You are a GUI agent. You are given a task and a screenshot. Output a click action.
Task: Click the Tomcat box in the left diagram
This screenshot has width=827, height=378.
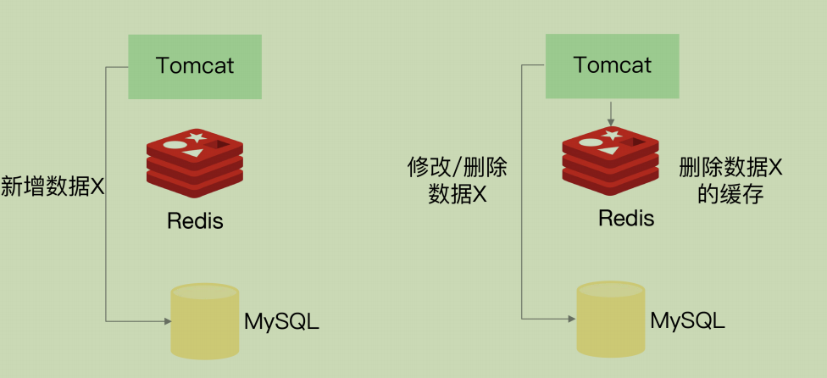click(195, 66)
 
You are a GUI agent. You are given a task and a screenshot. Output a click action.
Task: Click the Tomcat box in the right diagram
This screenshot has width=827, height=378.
click(612, 66)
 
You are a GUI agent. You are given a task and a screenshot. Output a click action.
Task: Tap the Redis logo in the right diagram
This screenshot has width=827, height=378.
click(611, 156)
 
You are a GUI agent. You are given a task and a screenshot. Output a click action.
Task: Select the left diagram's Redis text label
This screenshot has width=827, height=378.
click(195, 221)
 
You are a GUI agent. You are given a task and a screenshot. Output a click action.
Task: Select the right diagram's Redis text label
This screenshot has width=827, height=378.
click(626, 218)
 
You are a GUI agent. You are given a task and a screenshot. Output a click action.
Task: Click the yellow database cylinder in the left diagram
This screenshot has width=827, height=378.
click(204, 320)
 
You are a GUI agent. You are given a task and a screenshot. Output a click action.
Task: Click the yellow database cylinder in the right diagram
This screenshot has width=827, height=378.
click(611, 319)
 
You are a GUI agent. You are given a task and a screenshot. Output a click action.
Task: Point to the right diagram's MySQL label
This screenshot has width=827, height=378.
click(687, 321)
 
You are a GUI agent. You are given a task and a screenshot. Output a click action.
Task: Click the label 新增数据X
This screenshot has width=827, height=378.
click(52, 186)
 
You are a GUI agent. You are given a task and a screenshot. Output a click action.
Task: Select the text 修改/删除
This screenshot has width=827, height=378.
click(458, 167)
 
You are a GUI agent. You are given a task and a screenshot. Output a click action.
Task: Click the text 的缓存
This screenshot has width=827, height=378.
click(730, 195)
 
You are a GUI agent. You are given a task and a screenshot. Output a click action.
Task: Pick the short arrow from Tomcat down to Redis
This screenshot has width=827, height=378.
click(611, 114)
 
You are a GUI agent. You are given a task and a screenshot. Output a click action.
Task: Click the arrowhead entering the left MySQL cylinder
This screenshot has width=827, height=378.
click(165, 320)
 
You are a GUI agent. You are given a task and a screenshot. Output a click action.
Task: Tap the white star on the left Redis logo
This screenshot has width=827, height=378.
click(196, 136)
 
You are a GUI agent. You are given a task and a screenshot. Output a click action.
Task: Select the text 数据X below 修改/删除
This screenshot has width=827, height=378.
click(458, 195)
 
